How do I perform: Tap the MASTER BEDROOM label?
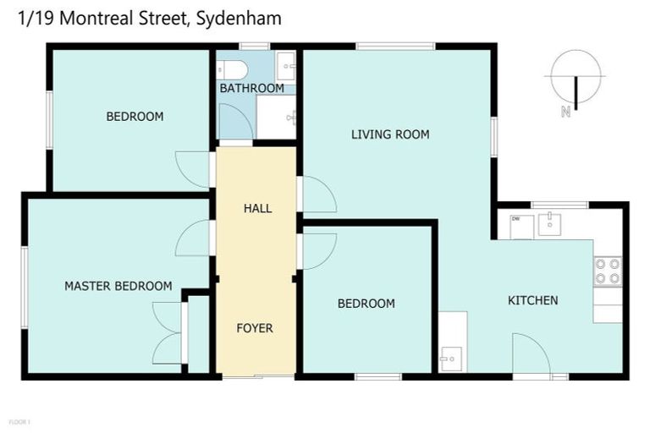[x=118, y=286]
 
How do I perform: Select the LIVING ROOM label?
[x=390, y=134]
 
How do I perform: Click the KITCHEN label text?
[x=532, y=300]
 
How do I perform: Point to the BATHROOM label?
[x=251, y=88]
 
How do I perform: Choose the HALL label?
[x=257, y=208]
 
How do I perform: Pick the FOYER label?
[x=255, y=328]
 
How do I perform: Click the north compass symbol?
[x=575, y=79]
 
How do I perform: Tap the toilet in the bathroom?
[x=231, y=69]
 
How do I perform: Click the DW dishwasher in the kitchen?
[x=521, y=226]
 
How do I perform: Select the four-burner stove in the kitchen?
[x=607, y=271]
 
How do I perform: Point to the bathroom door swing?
[x=234, y=123]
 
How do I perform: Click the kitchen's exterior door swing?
[x=531, y=354]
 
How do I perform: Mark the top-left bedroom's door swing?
[x=193, y=169]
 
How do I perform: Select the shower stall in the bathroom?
[x=276, y=117]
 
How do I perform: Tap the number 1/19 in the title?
[x=33, y=17]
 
